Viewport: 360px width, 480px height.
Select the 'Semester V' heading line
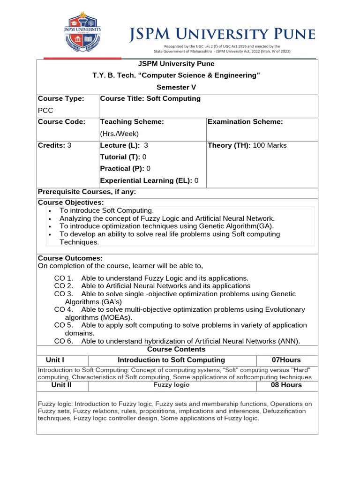[x=176, y=87]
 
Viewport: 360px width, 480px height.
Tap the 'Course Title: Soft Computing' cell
[x=150, y=98]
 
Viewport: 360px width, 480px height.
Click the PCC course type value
[x=45, y=111]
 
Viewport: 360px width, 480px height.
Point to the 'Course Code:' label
[x=61, y=122]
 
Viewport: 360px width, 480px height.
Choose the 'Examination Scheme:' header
[x=245, y=122]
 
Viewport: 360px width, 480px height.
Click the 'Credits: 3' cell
[x=54, y=145]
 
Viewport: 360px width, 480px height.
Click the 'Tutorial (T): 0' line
[x=123, y=157]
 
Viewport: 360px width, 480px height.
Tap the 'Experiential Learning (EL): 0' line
[x=149, y=180]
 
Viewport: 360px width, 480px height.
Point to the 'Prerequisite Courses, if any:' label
[x=87, y=192]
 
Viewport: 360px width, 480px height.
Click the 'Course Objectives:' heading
[x=71, y=202]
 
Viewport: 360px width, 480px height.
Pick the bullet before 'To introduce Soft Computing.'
[x=50, y=211]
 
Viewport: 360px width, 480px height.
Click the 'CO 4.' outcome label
[x=63, y=310]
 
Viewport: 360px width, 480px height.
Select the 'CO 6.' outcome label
[x=63, y=341]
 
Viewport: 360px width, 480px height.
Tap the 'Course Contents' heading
[x=176, y=349]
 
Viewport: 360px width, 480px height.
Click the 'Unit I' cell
[x=55, y=360]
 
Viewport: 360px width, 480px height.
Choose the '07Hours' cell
[x=286, y=360]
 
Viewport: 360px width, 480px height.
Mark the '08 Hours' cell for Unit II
[x=286, y=385]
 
